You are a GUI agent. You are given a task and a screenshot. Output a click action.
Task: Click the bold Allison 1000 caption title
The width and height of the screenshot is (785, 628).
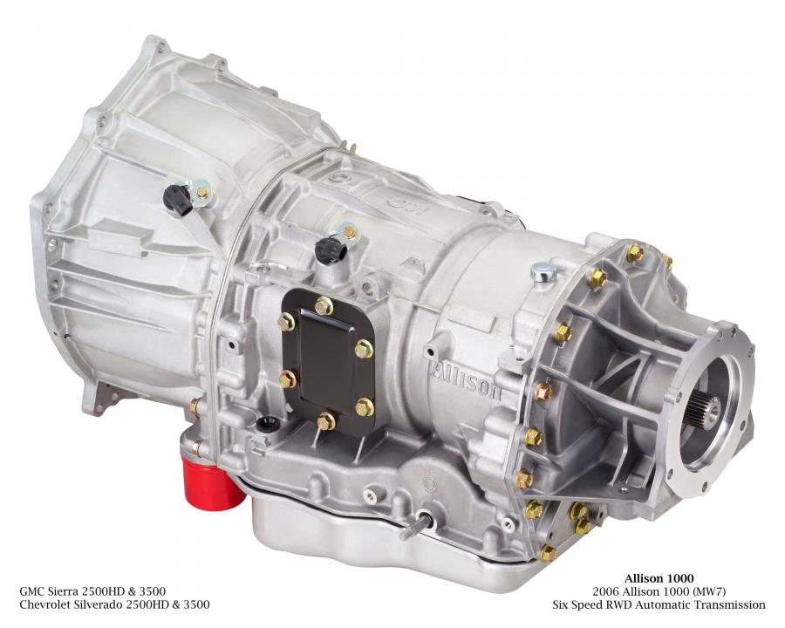(659, 579)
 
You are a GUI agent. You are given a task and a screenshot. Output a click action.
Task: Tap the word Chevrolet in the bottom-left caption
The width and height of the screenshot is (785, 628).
(45, 605)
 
